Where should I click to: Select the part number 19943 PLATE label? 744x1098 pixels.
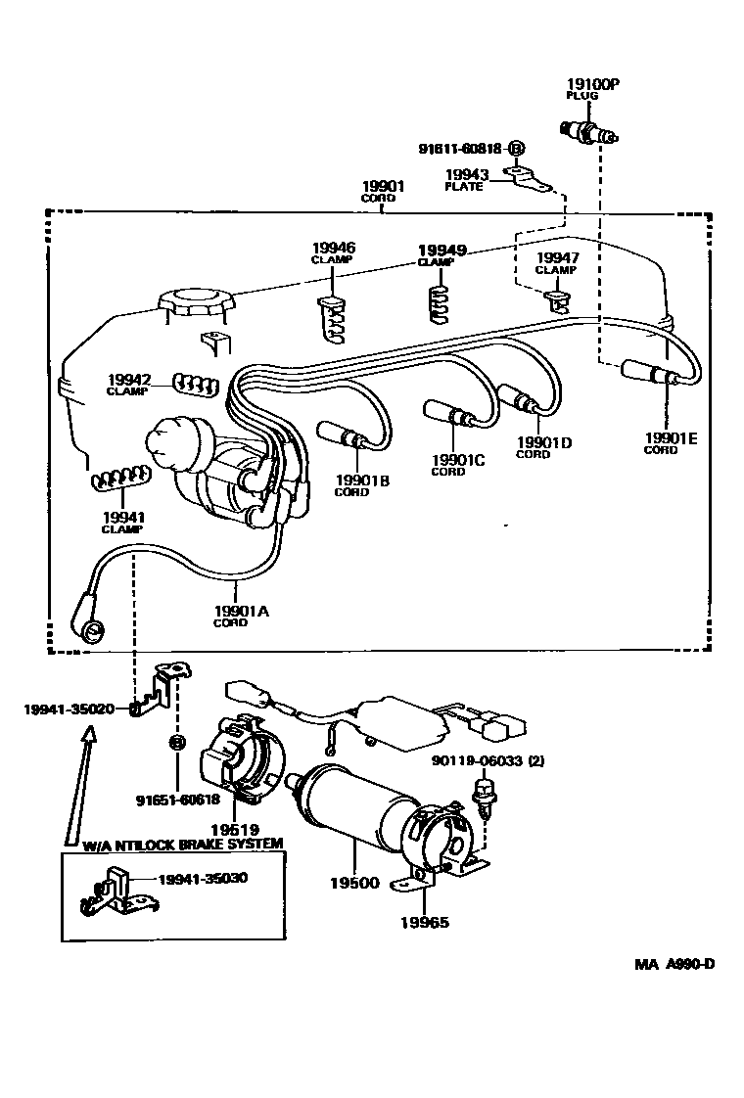pyautogui.click(x=464, y=179)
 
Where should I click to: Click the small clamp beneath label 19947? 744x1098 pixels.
pyautogui.click(x=556, y=298)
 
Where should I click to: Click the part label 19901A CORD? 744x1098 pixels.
pyautogui.click(x=240, y=617)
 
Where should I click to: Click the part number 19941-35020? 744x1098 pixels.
pyautogui.click(x=70, y=709)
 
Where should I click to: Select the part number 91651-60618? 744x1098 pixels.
pyautogui.click(x=177, y=800)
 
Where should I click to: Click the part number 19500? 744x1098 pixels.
pyautogui.click(x=353, y=883)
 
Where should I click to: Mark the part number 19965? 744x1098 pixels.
pyautogui.click(x=425, y=922)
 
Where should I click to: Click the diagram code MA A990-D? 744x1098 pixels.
pyautogui.click(x=674, y=964)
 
